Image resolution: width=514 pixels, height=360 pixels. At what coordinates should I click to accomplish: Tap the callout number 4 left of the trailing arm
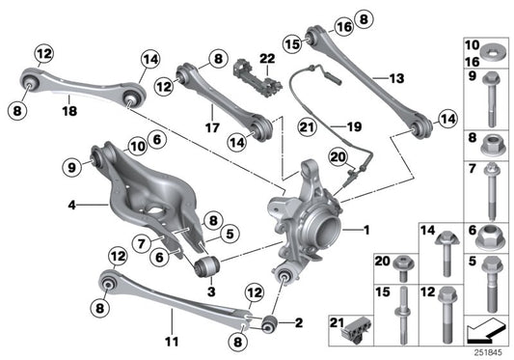(x=71, y=205)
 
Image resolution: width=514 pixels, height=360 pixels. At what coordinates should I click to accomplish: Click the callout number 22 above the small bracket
(x=266, y=59)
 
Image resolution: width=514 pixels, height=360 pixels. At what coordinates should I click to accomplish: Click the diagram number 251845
(x=490, y=352)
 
